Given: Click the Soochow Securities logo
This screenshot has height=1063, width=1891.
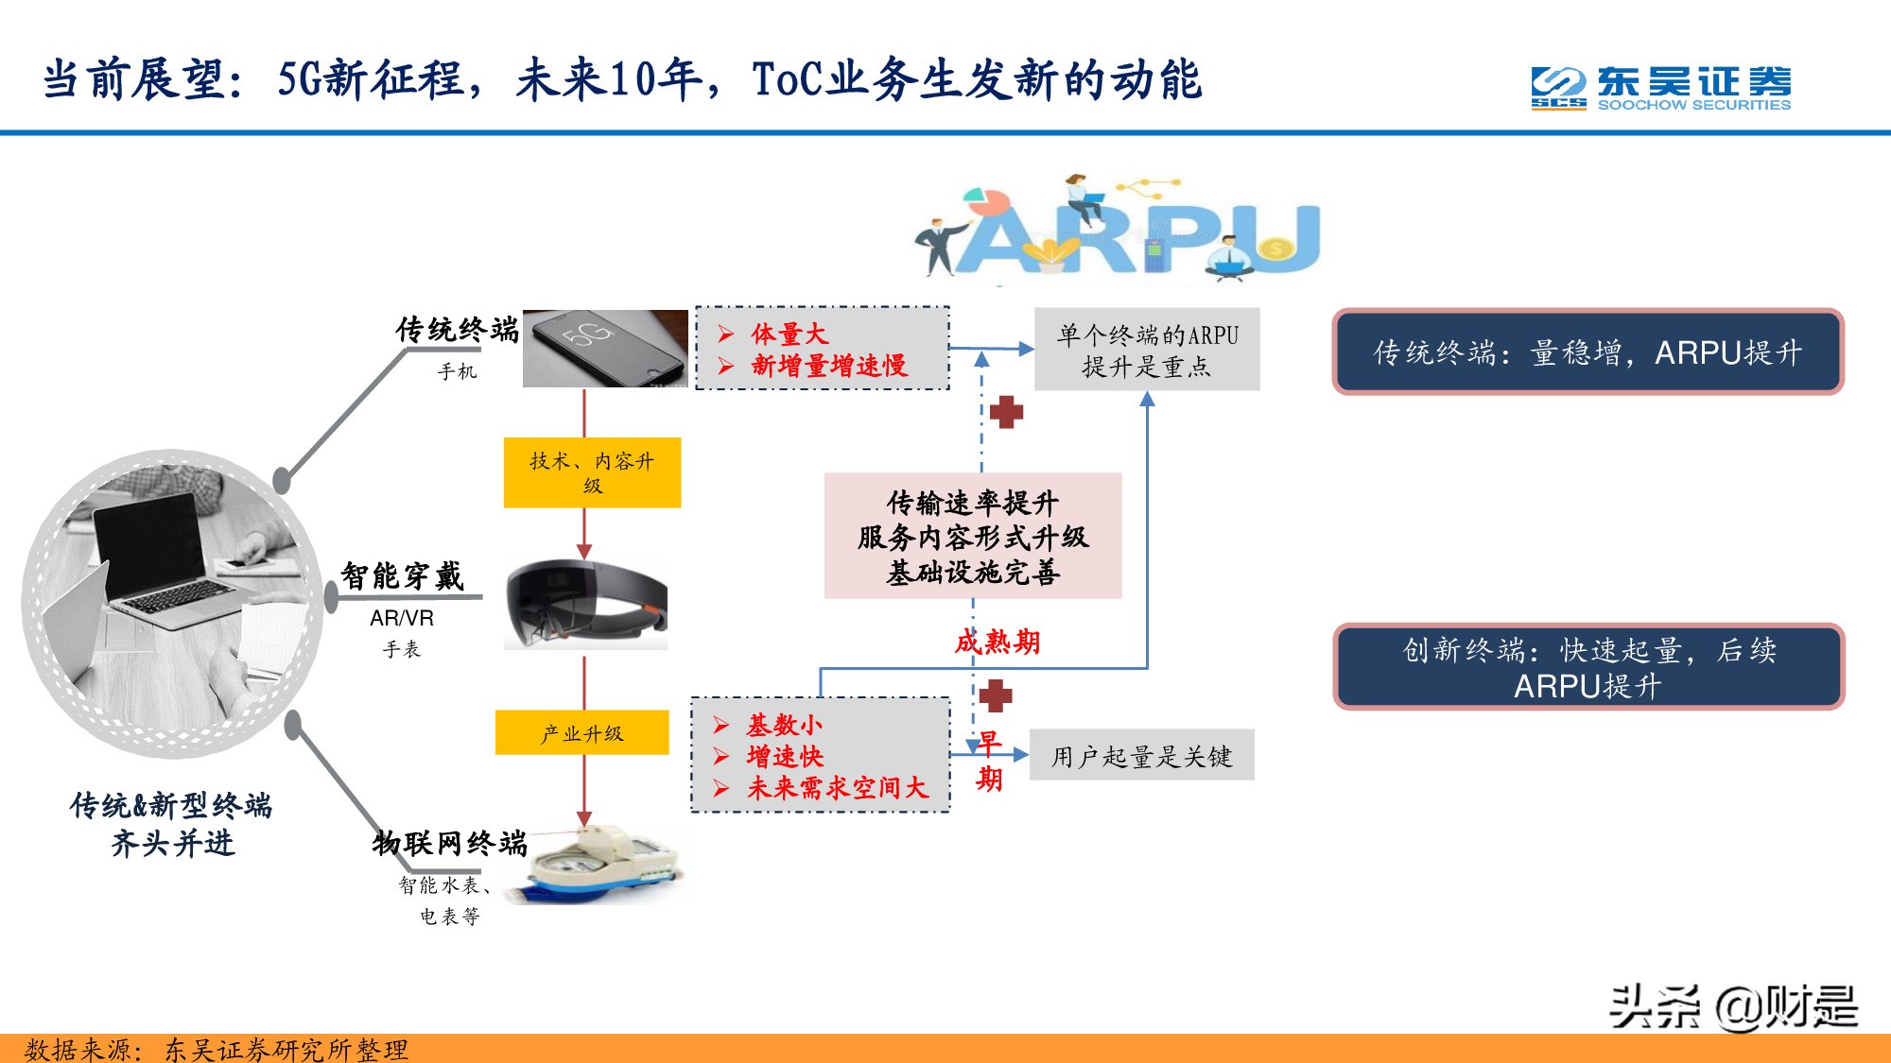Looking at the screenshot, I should [1660, 88].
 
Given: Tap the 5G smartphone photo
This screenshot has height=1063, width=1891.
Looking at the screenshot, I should [605, 348].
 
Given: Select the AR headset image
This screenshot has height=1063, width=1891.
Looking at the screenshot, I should [586, 605].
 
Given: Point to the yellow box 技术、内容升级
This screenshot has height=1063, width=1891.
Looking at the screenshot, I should [592, 472].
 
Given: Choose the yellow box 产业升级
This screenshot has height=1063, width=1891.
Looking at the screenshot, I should [581, 733].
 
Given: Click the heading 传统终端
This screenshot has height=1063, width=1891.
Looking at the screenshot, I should [458, 330].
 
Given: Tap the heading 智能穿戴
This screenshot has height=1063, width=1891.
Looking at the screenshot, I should [402, 575].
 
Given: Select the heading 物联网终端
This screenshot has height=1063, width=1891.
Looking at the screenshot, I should [449, 842].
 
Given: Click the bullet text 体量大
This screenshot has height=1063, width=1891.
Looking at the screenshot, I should [789, 334].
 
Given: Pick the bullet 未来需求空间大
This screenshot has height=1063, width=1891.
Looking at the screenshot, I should [838, 788].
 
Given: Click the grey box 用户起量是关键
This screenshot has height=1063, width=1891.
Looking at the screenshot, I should [1141, 756].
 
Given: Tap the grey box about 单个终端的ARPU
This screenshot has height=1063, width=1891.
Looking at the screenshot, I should [1147, 350].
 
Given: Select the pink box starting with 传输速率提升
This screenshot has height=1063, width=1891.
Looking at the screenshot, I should [973, 536].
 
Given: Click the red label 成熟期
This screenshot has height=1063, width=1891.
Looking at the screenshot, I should [998, 643].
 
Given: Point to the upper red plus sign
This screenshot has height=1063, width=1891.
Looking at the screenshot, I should [1006, 412].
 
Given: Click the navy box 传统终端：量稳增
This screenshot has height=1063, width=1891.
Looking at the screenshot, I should [1587, 352].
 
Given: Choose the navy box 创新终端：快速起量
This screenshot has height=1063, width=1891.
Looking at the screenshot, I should [1587, 667].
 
